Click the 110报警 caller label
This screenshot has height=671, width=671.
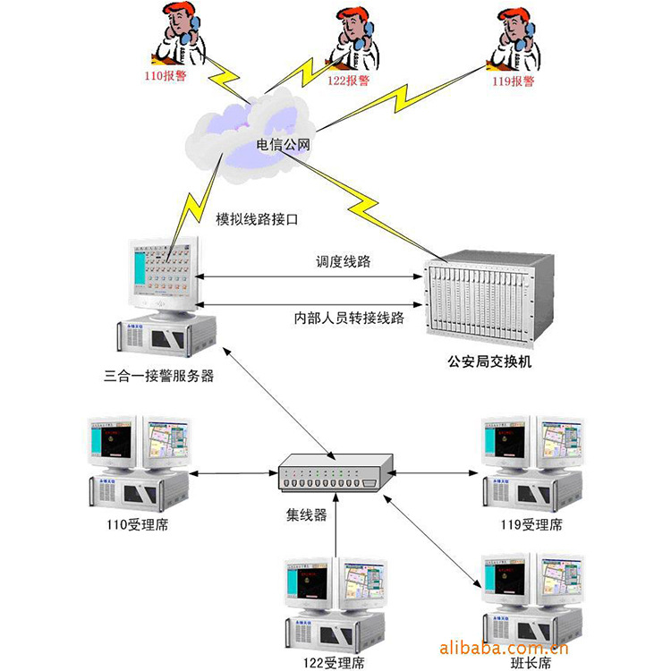[166, 78]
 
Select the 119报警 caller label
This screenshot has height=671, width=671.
[513, 81]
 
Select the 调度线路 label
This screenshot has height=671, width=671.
[343, 262]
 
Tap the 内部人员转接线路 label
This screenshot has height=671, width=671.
[349, 318]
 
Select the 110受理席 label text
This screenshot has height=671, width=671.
[136, 525]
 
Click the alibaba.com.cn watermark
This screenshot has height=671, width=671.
[505, 647]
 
